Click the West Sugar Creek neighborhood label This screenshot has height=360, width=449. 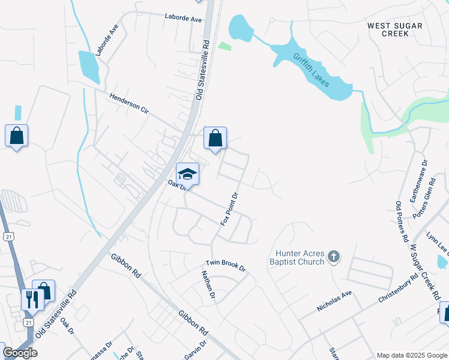click(395, 29)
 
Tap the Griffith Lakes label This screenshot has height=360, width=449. click(312, 70)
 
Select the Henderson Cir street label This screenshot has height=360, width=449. click(129, 104)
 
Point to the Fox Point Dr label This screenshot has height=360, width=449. click(230, 209)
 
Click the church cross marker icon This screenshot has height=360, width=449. click(334, 258)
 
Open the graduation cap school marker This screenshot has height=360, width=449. click(188, 175)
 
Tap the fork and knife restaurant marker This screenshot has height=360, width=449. click(31, 298)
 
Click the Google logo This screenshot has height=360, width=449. click(20, 353)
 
